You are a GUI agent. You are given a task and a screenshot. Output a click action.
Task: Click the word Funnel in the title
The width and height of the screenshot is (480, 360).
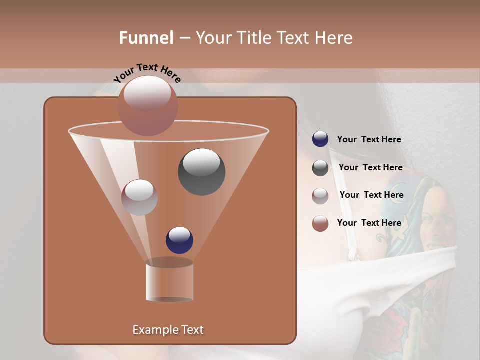click(x=146, y=38)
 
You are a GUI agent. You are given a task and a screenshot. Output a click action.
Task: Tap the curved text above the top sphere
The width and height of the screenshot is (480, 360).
click(x=147, y=73)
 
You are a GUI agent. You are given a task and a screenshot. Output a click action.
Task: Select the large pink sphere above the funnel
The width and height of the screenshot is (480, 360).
click(x=148, y=106)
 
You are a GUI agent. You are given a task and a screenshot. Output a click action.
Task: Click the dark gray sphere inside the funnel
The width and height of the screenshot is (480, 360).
click(x=201, y=171)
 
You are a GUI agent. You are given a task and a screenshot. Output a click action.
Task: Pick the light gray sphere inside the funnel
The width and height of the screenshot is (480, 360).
click(x=139, y=197)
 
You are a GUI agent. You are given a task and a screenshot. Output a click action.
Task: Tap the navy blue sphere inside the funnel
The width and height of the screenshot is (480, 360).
click(x=179, y=240)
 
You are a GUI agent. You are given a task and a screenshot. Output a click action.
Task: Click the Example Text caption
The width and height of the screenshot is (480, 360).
click(x=168, y=330)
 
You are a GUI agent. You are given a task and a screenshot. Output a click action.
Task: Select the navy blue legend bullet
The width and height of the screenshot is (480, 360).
click(x=320, y=139)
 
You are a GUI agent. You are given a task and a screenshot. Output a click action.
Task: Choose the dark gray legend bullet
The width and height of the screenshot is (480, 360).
click(x=320, y=168)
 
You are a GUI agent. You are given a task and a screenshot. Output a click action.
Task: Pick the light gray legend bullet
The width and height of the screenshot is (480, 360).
click(x=320, y=195)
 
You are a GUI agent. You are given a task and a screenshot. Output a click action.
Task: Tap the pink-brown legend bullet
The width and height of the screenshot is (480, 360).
click(x=320, y=223)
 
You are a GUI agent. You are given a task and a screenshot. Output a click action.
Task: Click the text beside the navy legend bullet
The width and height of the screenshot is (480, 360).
click(x=369, y=139)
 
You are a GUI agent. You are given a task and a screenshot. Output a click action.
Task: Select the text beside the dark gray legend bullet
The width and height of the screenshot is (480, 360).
click(x=370, y=167)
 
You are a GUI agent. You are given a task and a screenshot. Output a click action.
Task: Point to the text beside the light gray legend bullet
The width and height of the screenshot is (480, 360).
click(x=371, y=195)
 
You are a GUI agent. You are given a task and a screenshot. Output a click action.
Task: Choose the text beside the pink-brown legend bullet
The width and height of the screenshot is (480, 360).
click(x=369, y=223)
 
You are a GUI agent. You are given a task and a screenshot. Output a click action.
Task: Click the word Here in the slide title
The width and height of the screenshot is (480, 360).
click(x=334, y=38)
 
